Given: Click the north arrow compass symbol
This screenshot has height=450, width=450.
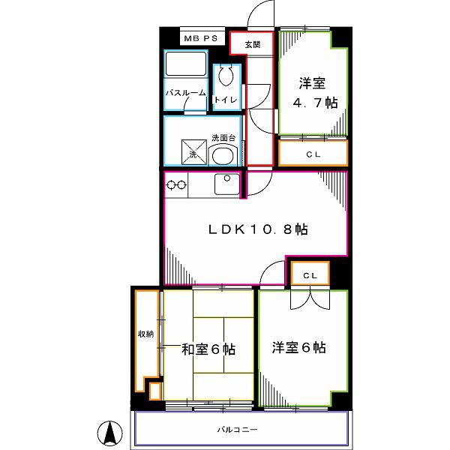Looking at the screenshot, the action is pyautogui.click(x=109, y=433).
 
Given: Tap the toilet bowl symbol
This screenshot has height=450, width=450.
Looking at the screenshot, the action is pyautogui.click(x=226, y=76).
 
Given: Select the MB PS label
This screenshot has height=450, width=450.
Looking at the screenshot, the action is pyautogui.click(x=200, y=38).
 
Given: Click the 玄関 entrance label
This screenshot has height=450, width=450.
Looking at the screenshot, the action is pyautogui.click(x=253, y=44).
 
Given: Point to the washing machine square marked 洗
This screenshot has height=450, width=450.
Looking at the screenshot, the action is pyautogui.click(x=194, y=152).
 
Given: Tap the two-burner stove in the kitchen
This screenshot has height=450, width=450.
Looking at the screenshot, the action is pyautogui.click(x=176, y=185).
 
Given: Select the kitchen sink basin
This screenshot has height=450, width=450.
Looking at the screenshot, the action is pyautogui.click(x=227, y=184).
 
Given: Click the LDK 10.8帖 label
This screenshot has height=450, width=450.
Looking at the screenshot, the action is pyautogui.click(x=258, y=229).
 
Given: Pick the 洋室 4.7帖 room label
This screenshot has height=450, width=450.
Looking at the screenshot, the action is pyautogui.click(x=315, y=92).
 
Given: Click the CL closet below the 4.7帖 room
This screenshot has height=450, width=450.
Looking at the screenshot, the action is pyautogui.click(x=313, y=153).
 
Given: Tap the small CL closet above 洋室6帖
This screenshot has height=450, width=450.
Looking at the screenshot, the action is pyautogui.click(x=310, y=274).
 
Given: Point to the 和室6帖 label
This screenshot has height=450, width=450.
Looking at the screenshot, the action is pyautogui.click(x=208, y=349).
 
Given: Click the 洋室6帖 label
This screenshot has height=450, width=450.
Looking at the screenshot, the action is pyautogui.click(x=299, y=347).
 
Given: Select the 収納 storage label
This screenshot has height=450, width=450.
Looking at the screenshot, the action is pyautogui.click(x=146, y=334).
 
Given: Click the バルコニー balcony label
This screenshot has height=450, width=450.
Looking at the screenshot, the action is pyautogui.click(x=237, y=430).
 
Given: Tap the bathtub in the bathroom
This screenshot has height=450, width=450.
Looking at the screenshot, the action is pyautogui.click(x=186, y=64).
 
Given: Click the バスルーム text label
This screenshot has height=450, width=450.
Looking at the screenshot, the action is pyautogui.click(x=186, y=93).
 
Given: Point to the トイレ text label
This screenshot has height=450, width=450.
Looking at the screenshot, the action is pyautogui.click(x=226, y=100).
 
